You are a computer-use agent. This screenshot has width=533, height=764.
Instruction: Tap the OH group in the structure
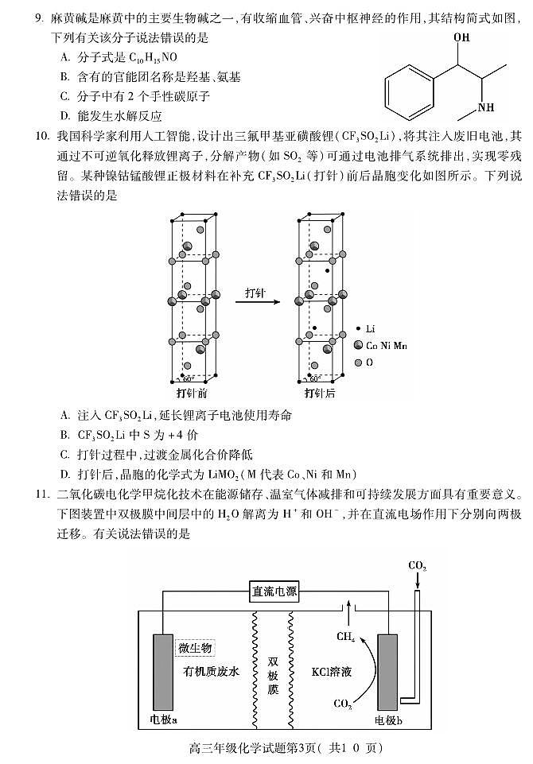click(461, 37)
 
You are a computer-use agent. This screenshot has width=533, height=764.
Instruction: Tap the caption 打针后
click(320, 393)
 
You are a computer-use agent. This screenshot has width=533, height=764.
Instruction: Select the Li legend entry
click(366, 328)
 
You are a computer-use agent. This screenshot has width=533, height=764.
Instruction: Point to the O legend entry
click(364, 363)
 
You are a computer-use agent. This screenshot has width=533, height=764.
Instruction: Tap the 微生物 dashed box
click(194, 646)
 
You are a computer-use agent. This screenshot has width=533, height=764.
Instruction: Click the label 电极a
click(164, 720)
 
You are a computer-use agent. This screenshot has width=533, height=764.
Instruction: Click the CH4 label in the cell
click(346, 637)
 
